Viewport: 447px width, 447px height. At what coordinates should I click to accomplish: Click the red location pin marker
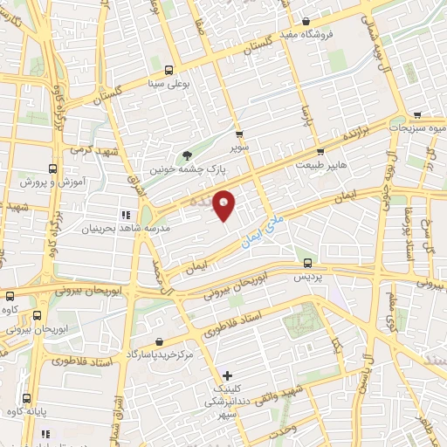click(224, 203)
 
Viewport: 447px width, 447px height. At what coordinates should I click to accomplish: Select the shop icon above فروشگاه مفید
click(306, 22)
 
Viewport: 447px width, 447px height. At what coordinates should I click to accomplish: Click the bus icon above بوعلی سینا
click(168, 71)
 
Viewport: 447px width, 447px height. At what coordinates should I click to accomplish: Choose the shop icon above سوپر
click(240, 135)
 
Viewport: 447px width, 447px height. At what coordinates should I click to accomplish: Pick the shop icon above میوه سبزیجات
click(418, 114)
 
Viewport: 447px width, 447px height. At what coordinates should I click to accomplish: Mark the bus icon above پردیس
click(306, 262)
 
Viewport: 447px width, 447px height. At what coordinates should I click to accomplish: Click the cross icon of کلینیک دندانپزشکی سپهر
click(227, 375)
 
